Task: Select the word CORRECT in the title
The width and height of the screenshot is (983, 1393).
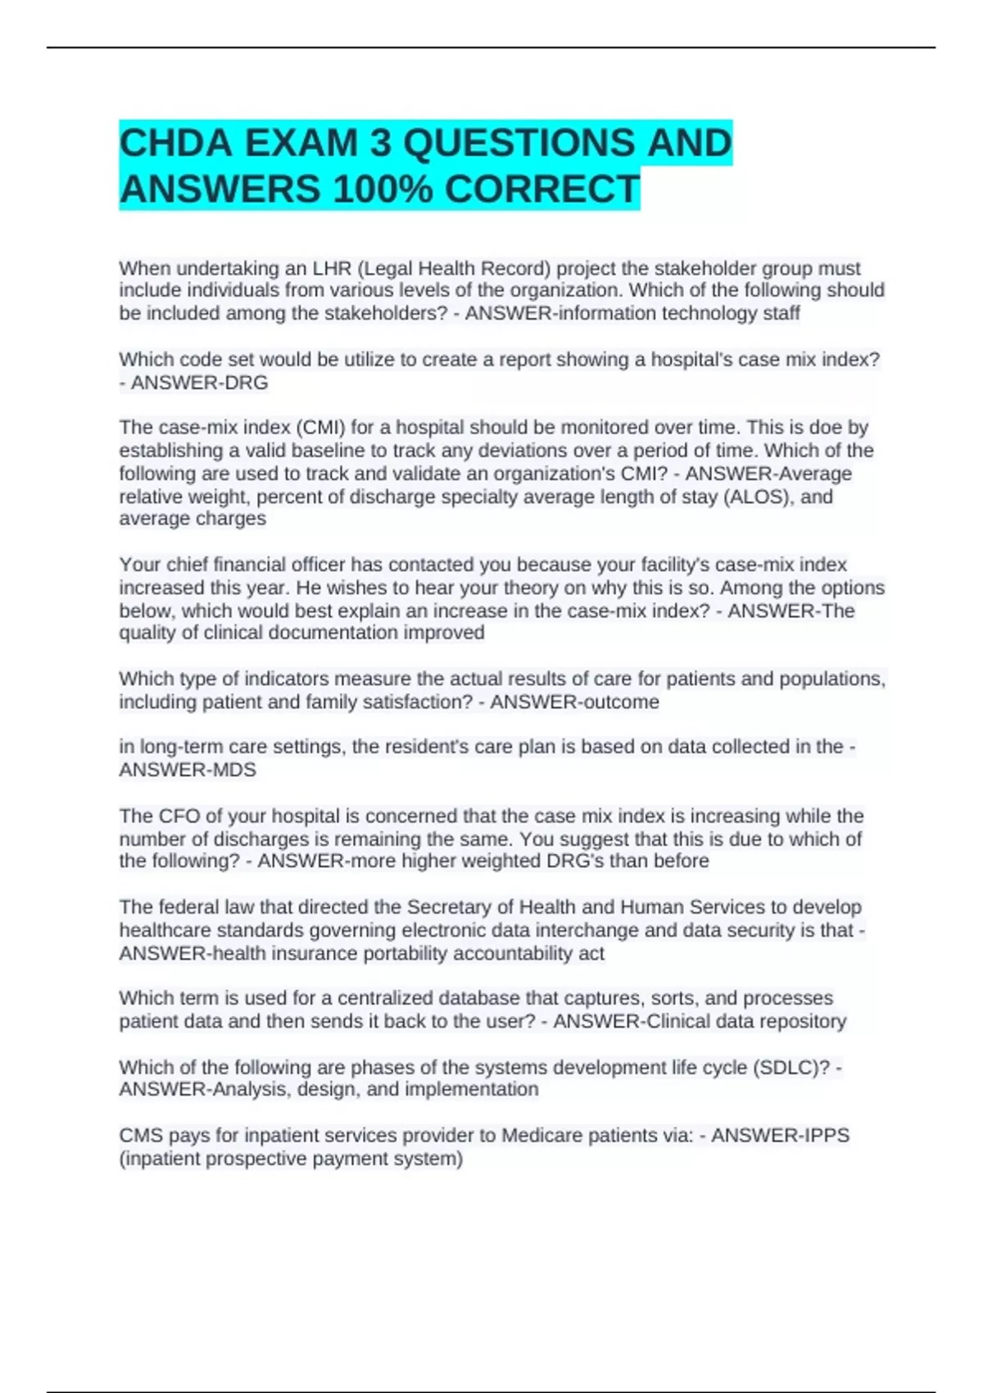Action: click(542, 189)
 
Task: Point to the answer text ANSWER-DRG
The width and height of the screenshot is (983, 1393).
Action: click(199, 383)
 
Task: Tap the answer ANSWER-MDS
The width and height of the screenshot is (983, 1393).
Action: click(188, 769)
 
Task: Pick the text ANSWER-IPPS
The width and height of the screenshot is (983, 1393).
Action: click(780, 1136)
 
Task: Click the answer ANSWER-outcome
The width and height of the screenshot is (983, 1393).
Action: click(574, 702)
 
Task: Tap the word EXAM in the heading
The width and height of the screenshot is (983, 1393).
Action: click(301, 143)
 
